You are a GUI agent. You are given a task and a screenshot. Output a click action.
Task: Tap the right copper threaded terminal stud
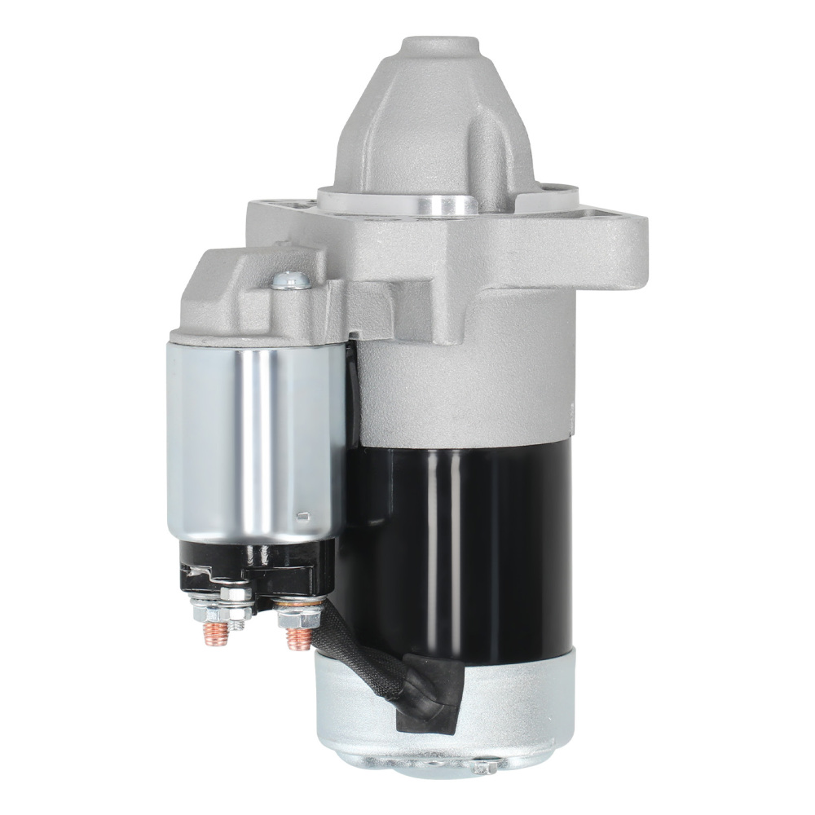298,637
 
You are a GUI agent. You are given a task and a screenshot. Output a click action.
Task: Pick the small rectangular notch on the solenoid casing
302,514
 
